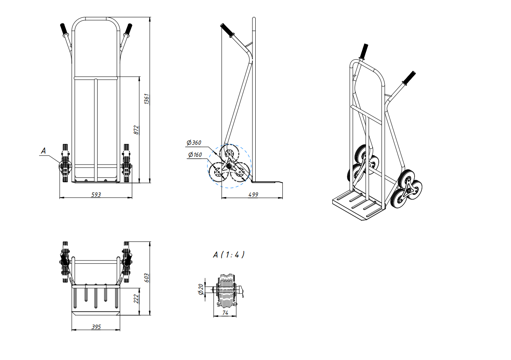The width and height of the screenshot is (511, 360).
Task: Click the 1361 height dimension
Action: click(x=147, y=99)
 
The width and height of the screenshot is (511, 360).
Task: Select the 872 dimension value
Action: click(x=136, y=130)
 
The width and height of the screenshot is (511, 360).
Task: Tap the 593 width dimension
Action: click(x=96, y=194)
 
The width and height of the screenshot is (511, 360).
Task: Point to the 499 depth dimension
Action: click(x=253, y=194)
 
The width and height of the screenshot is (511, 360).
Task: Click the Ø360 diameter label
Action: click(x=194, y=143)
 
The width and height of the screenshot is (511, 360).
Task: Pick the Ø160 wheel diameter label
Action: click(x=195, y=155)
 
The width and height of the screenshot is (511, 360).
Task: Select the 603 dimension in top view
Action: click(x=147, y=278)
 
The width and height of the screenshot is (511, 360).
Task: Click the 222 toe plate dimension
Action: click(x=136, y=299)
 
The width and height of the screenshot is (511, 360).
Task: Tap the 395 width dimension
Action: click(x=96, y=327)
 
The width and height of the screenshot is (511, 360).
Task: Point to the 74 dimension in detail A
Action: click(x=225, y=313)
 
